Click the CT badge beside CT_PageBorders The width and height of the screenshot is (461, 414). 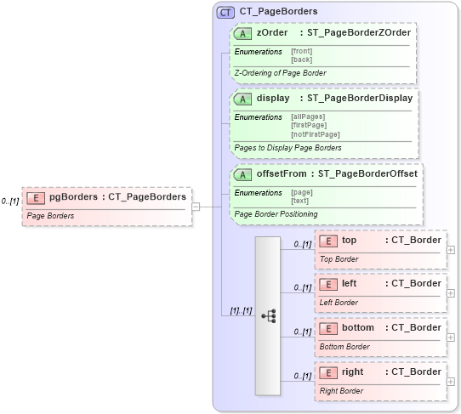click(x=226, y=12)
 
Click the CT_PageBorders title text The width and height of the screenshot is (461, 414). click(x=278, y=12)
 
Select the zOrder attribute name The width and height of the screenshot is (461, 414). click(x=272, y=32)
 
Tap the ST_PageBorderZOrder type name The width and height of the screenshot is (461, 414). click(x=360, y=32)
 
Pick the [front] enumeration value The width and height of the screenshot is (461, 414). click(x=301, y=51)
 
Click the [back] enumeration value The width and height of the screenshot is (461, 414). click(x=300, y=59)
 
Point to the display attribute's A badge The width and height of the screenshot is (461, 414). click(x=243, y=99)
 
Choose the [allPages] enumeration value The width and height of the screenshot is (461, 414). click(x=308, y=116)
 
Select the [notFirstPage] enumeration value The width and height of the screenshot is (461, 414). click(x=315, y=133)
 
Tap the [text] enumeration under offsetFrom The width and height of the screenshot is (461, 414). click(x=300, y=201)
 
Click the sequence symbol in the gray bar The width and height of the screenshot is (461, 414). click(x=268, y=315)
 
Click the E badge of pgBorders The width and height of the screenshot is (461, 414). click(x=36, y=197)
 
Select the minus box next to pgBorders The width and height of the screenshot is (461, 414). click(x=195, y=205)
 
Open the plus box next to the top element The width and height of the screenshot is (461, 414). click(x=451, y=249)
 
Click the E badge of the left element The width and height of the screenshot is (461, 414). click(x=328, y=284)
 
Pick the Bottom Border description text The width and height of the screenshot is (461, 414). click(x=344, y=346)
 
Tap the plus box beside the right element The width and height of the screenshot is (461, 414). click(x=451, y=382)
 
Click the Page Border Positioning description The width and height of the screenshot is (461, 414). click(x=275, y=214)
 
